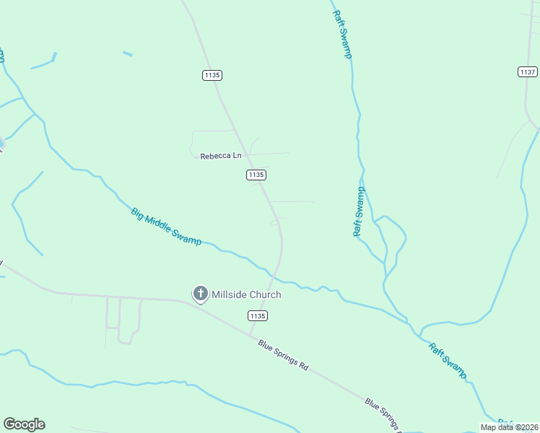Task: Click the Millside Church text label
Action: [x=246, y=294]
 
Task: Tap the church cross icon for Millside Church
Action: [x=200, y=294]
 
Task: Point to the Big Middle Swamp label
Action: [x=166, y=227]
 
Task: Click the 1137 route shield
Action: [x=528, y=71]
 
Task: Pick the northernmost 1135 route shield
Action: [x=212, y=75]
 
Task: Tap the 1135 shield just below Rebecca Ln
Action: [x=256, y=175]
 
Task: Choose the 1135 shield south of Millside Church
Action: [x=257, y=316]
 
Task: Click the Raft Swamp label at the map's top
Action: [x=342, y=34]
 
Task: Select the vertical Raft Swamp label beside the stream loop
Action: [x=359, y=211]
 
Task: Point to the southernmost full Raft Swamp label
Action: [x=448, y=360]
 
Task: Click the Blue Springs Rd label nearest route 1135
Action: [x=283, y=354]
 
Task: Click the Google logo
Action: [x=24, y=424]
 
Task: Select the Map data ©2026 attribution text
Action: [x=509, y=427]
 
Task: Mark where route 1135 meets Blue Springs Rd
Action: [x=251, y=335]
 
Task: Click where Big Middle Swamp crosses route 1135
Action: [x=275, y=276]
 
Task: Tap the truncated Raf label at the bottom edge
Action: [x=505, y=423]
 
